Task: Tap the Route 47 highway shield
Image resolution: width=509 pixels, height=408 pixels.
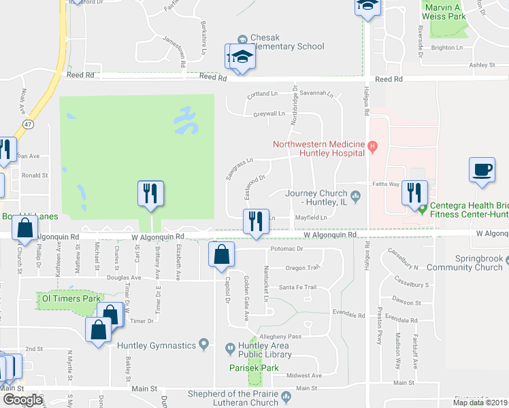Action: click(x=28, y=125)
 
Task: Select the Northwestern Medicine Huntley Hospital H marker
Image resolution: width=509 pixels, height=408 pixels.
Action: click(x=372, y=145)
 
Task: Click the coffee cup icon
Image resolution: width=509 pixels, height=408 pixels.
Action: click(x=482, y=169)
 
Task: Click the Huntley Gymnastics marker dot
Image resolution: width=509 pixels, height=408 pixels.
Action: click(x=203, y=345)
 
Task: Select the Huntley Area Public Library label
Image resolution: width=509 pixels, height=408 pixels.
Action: click(x=261, y=350)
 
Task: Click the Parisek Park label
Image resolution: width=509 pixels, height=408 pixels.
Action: click(x=255, y=368)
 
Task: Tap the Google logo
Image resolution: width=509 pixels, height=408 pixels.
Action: click(x=22, y=400)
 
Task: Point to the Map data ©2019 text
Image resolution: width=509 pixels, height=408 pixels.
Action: click(x=480, y=403)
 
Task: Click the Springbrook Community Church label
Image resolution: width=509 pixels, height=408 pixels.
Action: click(x=480, y=263)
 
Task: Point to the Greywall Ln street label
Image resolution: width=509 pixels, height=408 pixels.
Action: click(x=269, y=114)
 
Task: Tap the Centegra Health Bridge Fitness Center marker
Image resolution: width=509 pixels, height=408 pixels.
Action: click(x=423, y=209)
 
